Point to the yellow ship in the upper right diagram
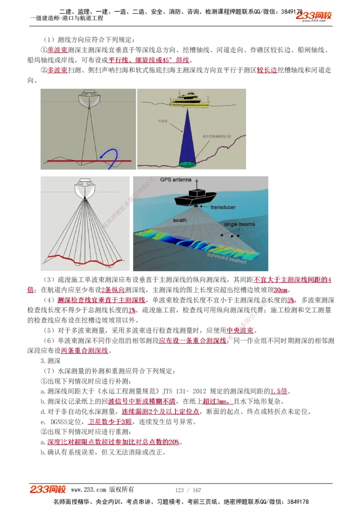coord(190,100)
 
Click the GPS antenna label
coord(176,179)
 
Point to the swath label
coord(180,220)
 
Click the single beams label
coord(239,224)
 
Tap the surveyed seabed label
coord(226,258)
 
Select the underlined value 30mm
coord(281,290)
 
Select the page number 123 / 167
coord(188,490)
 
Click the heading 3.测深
coord(48,360)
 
